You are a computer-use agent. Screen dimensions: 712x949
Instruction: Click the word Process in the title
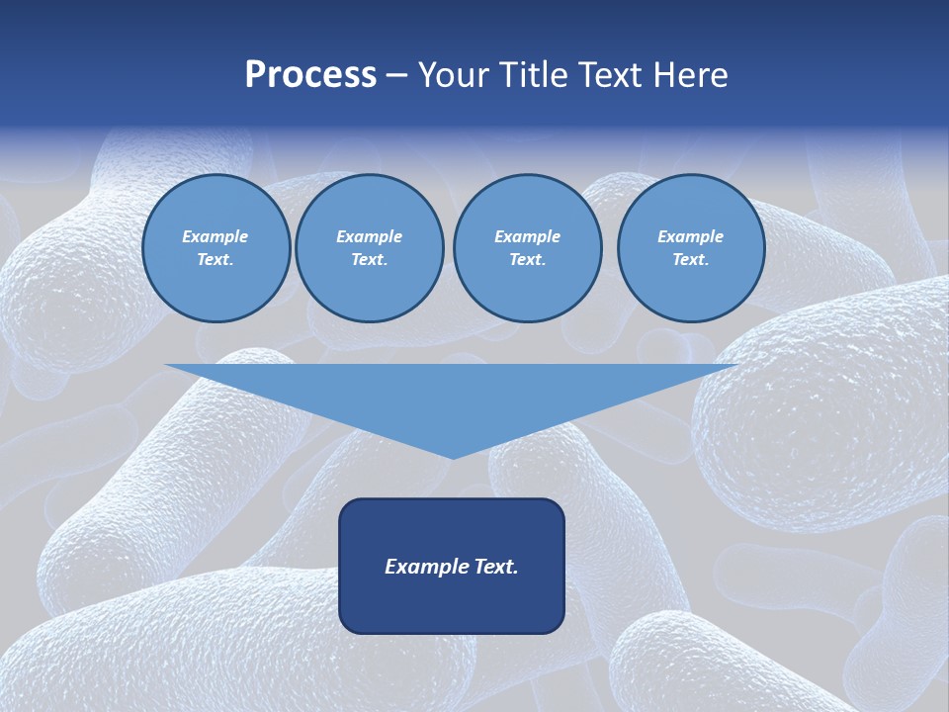click(310, 75)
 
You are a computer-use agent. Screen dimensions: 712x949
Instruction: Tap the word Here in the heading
click(692, 75)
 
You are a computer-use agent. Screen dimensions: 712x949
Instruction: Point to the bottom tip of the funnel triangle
click(453, 457)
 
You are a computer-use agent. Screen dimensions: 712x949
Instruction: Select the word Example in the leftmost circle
click(216, 236)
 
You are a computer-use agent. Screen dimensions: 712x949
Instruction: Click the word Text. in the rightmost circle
click(690, 259)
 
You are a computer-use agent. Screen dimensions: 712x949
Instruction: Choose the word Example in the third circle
click(527, 236)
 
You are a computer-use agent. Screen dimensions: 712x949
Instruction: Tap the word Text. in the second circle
click(369, 259)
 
